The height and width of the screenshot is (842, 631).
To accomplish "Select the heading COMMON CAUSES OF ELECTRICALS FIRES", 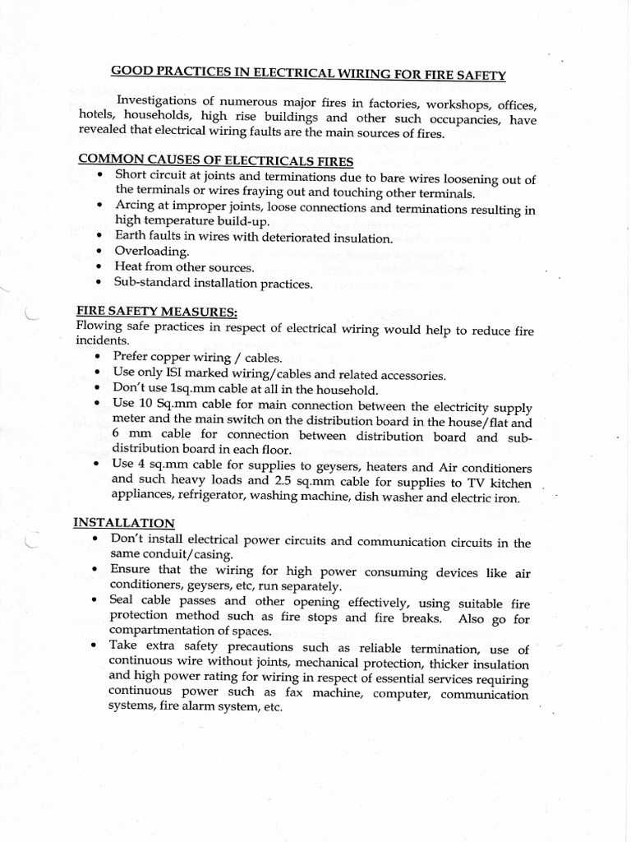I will (x=215, y=160).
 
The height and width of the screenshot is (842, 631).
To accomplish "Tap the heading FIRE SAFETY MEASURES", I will (x=156, y=313).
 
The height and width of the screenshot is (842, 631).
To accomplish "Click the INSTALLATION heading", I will (x=124, y=522).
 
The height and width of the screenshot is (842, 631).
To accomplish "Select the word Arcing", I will (x=132, y=206).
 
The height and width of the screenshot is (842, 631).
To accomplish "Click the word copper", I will (x=172, y=359).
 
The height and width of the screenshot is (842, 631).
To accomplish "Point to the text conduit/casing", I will (x=161, y=555).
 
